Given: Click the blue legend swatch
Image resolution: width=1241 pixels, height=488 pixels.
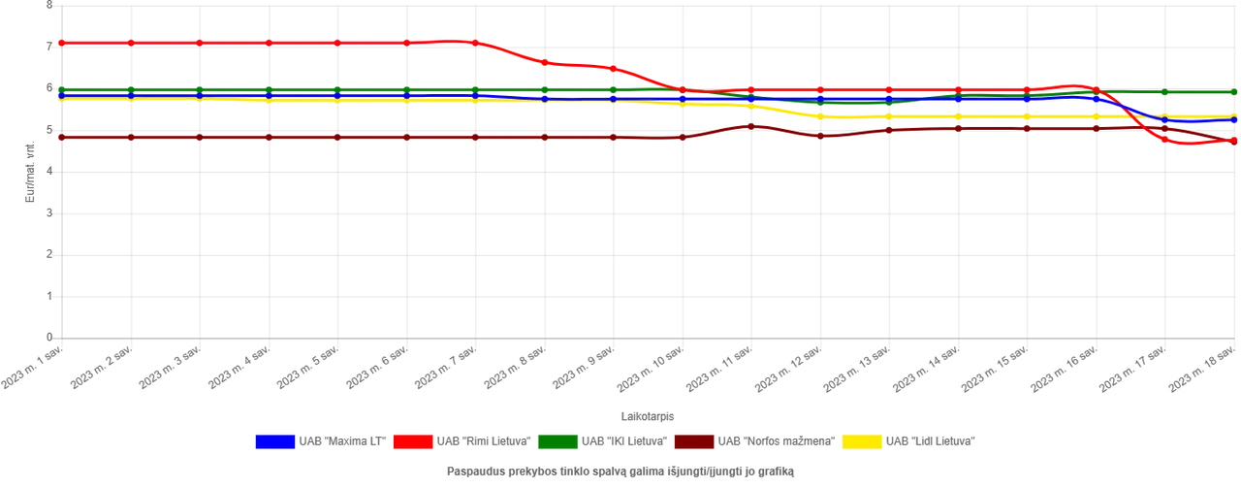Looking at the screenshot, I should [274, 442].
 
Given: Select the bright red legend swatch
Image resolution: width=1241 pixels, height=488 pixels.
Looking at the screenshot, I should [411, 442].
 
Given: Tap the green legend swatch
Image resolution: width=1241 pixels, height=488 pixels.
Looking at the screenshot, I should [557, 442].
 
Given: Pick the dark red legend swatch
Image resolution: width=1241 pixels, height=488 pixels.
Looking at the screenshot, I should [693, 442].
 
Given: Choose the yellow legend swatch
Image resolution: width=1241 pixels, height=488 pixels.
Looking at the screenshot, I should [861, 442].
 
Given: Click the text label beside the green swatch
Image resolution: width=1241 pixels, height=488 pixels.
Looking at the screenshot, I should [623, 442].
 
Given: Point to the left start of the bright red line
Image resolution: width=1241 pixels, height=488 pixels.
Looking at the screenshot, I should [58, 43].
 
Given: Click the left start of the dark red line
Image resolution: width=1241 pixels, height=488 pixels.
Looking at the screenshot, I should [58, 138].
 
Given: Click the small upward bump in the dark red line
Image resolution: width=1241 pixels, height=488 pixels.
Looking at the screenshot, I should [751, 125].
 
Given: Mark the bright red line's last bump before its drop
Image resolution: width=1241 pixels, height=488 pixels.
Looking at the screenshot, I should [1076, 85].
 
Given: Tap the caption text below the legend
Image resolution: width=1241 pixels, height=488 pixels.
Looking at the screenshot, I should [620, 473].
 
